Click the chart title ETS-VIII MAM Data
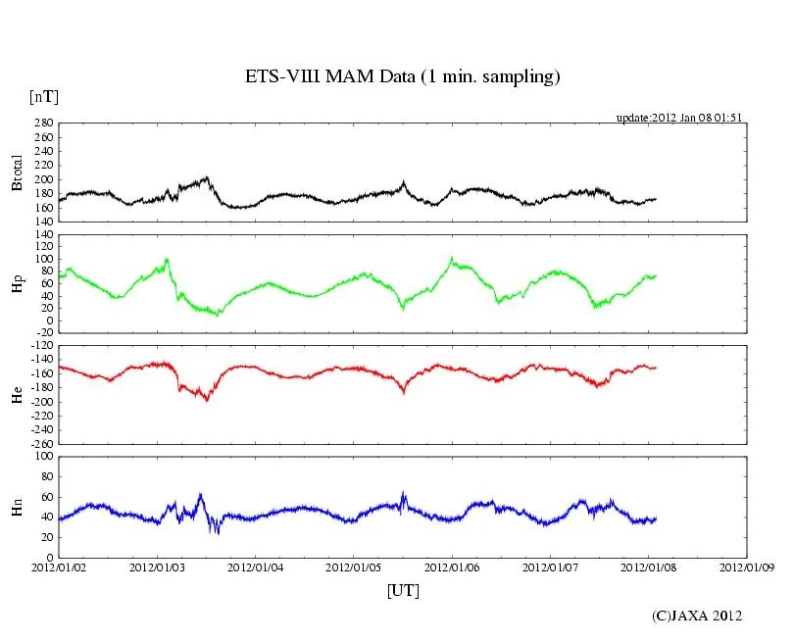[402, 77]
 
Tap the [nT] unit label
[43, 97]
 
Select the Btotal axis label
[18, 173]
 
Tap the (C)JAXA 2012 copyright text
[697, 616]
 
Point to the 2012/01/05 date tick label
[354, 567]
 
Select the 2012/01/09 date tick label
[747, 567]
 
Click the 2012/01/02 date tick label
[59, 567]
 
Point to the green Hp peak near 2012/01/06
[451, 258]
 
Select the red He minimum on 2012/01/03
[206, 400]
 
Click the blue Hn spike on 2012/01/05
[403, 493]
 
